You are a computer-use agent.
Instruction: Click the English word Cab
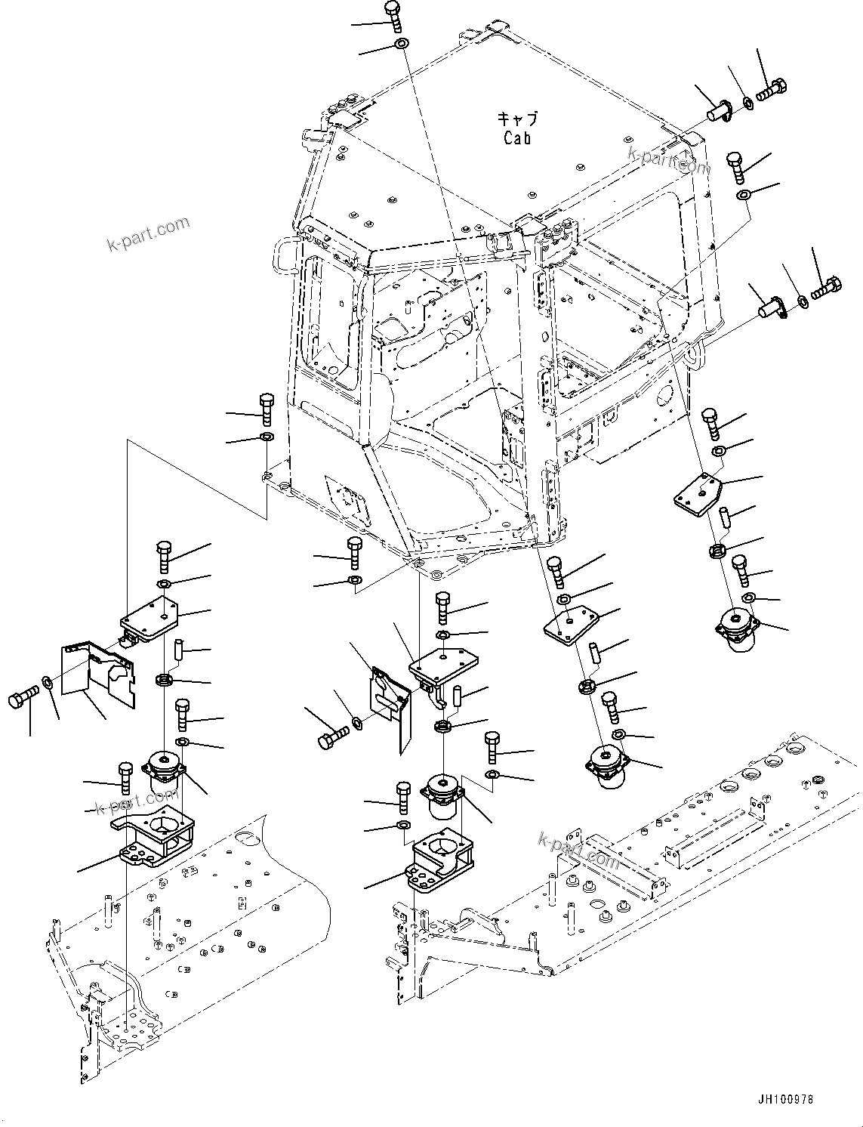pyautogui.click(x=517, y=138)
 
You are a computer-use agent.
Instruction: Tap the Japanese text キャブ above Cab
pyautogui.click(x=517, y=119)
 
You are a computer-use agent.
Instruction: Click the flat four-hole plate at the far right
pyautogui.click(x=697, y=494)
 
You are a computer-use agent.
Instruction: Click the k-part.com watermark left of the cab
pyautogui.click(x=148, y=234)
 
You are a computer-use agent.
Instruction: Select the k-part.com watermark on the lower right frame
pyautogui.click(x=578, y=848)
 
